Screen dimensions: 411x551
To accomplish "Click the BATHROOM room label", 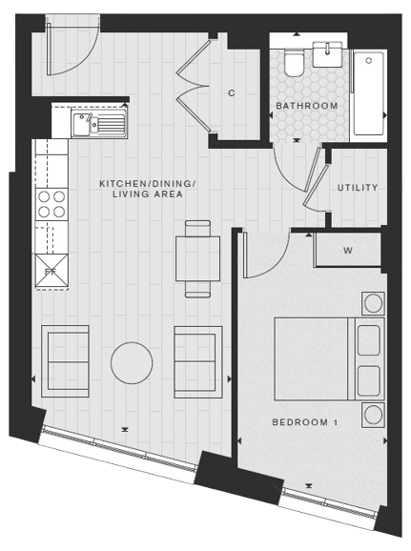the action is [x=306, y=106].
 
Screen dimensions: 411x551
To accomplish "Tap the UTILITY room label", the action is [x=358, y=188].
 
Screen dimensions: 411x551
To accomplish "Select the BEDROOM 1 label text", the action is [x=305, y=422].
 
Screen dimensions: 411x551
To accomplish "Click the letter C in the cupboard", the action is [x=231, y=93].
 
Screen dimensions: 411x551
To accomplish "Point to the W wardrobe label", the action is [x=348, y=251].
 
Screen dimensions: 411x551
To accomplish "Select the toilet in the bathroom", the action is [x=294, y=63].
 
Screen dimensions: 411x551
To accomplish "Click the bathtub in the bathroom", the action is [x=368, y=93].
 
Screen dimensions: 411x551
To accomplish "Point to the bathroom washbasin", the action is [x=327, y=54].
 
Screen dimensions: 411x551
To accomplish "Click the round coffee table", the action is [x=132, y=363].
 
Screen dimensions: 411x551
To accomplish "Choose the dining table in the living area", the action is [x=197, y=258].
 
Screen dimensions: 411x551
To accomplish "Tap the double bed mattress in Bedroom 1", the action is [x=311, y=359].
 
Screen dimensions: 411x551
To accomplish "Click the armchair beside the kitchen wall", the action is [x=65, y=361].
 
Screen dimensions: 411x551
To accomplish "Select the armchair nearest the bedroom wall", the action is [x=198, y=362].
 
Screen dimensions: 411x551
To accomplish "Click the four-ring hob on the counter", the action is [x=51, y=204].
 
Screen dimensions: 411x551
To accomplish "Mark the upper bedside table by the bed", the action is [x=374, y=303].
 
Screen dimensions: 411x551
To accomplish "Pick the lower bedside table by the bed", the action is [x=374, y=415].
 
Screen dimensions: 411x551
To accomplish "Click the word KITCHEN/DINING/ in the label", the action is [x=147, y=184].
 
